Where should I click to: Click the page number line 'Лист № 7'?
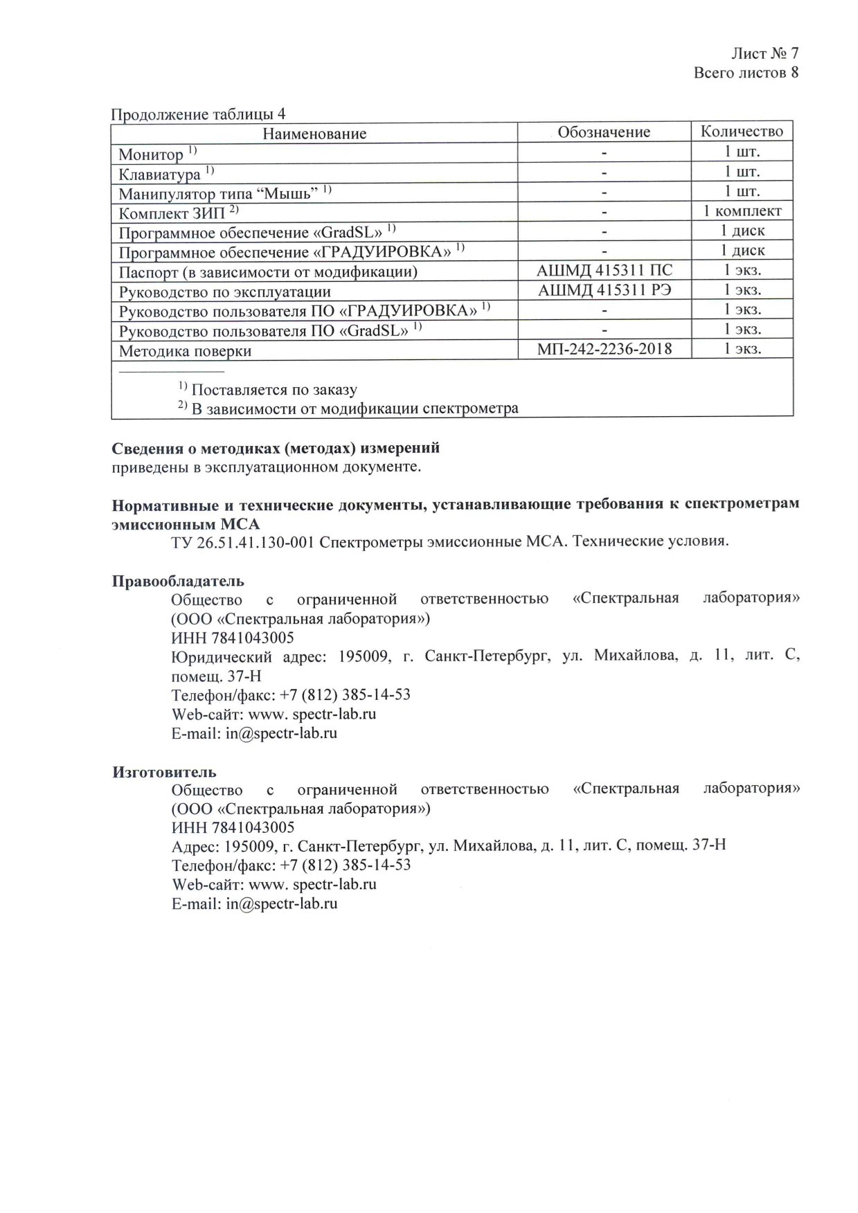pos(765,53)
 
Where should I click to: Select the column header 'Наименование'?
pos(314,133)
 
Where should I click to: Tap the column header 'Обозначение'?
pos(604,132)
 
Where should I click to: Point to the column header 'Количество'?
pos(742,131)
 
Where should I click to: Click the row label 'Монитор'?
pos(151,154)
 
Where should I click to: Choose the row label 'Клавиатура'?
pos(159,173)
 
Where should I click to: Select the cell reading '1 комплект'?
pos(742,210)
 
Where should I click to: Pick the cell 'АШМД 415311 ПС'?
pos(604,270)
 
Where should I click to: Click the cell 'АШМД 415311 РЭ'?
pos(604,289)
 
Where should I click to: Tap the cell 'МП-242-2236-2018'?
pos(604,348)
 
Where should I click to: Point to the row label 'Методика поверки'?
pos(185,351)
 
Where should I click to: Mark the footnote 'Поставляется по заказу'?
pos(274,389)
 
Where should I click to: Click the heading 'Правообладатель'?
pos(178,580)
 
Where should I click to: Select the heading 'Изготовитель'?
pos(164,771)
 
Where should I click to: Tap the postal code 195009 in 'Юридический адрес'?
pos(362,656)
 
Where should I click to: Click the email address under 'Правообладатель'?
pos(281,733)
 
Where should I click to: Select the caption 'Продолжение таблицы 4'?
pos(199,114)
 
